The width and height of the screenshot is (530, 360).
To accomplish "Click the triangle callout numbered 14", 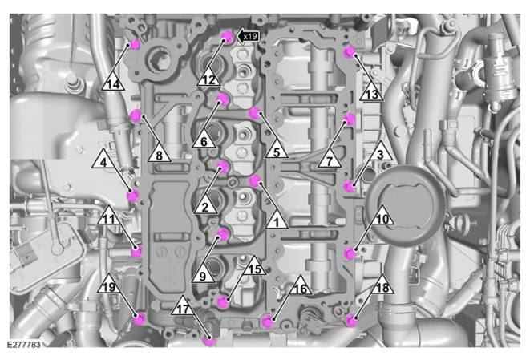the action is click(113, 83).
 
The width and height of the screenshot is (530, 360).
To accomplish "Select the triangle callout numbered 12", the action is click(208, 79).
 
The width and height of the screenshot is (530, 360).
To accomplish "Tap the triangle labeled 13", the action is click(371, 93).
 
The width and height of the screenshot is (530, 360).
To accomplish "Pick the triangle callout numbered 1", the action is click(277, 220).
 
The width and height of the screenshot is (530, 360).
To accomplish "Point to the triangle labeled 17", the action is click(183, 308).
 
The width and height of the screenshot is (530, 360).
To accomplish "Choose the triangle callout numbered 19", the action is click(109, 285).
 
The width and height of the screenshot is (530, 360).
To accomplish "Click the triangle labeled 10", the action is click(382, 217).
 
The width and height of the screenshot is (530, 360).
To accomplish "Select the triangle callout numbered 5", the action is click(277, 150).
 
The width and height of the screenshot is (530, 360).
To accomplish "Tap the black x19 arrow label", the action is click(248, 36).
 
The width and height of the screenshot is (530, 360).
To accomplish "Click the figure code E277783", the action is click(24, 345).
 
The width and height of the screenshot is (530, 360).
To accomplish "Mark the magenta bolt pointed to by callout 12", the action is click(226, 36).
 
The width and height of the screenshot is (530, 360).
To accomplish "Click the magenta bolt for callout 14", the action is click(135, 44).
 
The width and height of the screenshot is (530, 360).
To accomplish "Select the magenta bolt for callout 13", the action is click(349, 52).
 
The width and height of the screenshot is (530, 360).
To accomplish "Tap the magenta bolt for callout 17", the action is click(209, 340).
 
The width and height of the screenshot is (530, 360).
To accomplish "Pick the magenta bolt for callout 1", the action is click(255, 181).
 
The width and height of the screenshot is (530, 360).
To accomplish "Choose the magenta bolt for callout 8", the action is click(136, 115).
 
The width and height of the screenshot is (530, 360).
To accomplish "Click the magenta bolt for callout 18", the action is click(351, 321).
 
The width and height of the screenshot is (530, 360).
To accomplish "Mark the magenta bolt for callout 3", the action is click(350, 187).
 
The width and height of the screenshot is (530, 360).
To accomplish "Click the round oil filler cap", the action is click(406, 202).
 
